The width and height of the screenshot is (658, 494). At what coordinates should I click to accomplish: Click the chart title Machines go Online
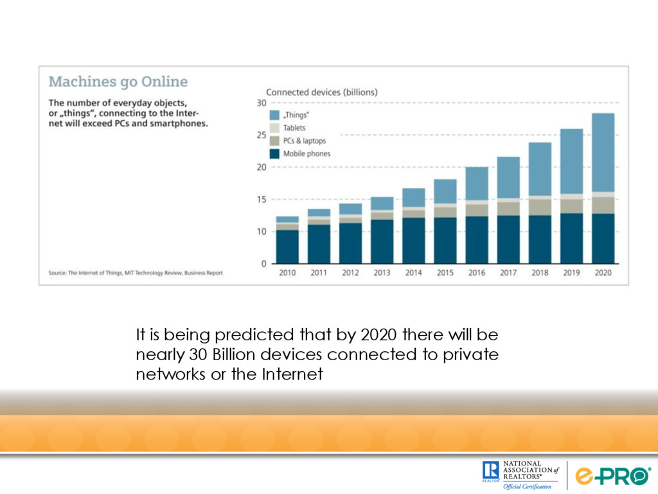pyautogui.click(x=118, y=82)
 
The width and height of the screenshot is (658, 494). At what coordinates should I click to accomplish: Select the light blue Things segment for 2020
pyautogui.click(x=603, y=152)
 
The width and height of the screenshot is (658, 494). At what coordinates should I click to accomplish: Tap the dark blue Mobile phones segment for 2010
pyautogui.click(x=287, y=246)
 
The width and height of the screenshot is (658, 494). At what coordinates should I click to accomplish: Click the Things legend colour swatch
pyautogui.click(x=274, y=114)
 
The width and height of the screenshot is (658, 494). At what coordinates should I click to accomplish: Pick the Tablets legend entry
pyautogui.click(x=294, y=128)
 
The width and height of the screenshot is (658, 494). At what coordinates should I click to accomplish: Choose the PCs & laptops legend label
pyautogui.click(x=305, y=141)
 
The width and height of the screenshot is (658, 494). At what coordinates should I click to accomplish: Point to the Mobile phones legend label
pyautogui.click(x=307, y=154)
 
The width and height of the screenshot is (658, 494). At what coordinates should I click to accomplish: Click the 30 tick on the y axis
pyautogui.click(x=262, y=103)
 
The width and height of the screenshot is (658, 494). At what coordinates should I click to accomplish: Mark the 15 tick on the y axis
pyautogui.click(x=262, y=199)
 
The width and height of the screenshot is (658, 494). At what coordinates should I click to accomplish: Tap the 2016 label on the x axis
pyautogui.click(x=477, y=273)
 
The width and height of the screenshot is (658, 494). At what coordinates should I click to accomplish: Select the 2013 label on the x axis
pyautogui.click(x=382, y=273)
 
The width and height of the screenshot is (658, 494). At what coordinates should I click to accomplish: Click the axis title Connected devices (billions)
pyautogui.click(x=322, y=92)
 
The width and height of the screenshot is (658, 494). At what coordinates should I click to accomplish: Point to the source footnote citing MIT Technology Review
pyautogui.click(x=136, y=273)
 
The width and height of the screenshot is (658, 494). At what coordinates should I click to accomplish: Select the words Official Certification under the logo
pyautogui.click(x=527, y=486)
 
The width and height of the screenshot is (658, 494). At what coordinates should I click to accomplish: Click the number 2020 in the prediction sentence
pyautogui.click(x=378, y=335)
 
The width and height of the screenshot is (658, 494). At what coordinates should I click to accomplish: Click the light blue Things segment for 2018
pyautogui.click(x=540, y=169)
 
